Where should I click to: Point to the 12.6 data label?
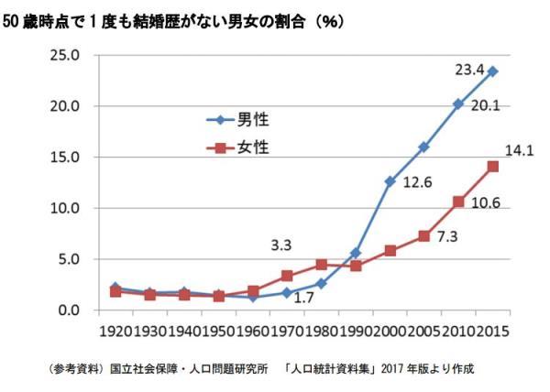point(416,183)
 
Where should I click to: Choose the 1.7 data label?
point(305,298)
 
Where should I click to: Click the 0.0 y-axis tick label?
point(69,310)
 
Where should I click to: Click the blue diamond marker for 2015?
point(492,71)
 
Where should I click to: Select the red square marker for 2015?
point(492,166)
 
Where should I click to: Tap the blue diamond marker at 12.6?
point(390,181)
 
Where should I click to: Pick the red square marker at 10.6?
point(458,201)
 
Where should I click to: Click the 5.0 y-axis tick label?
point(69,259)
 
